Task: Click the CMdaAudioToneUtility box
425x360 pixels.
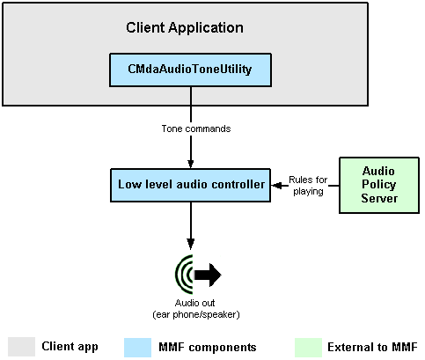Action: [x=190, y=70]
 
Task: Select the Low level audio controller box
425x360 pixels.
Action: [x=190, y=185]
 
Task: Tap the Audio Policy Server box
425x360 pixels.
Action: [x=379, y=185]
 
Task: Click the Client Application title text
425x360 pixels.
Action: [x=185, y=28]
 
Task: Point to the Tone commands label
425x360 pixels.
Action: [x=196, y=129]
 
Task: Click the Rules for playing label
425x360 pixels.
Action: [x=308, y=186]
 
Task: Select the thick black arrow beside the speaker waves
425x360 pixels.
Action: [x=208, y=275]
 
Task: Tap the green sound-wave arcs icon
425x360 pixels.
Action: [x=184, y=275]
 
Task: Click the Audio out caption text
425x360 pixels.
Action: [x=194, y=303]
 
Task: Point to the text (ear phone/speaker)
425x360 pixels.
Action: [x=196, y=314]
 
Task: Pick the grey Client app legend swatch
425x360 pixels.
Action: [x=21, y=347]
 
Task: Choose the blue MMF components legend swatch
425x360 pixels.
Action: [x=137, y=348]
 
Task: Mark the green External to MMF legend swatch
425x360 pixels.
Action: [x=308, y=348]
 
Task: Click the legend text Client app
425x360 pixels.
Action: [x=70, y=347]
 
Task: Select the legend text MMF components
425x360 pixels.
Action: [x=208, y=348]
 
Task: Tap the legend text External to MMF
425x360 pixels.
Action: [x=372, y=347]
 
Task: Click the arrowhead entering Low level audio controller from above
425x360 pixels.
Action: [x=191, y=164]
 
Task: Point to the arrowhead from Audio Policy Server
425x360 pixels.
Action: [x=276, y=186]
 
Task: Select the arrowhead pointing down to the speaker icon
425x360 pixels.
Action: [x=191, y=243]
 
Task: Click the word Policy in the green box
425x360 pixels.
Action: [x=379, y=185]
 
